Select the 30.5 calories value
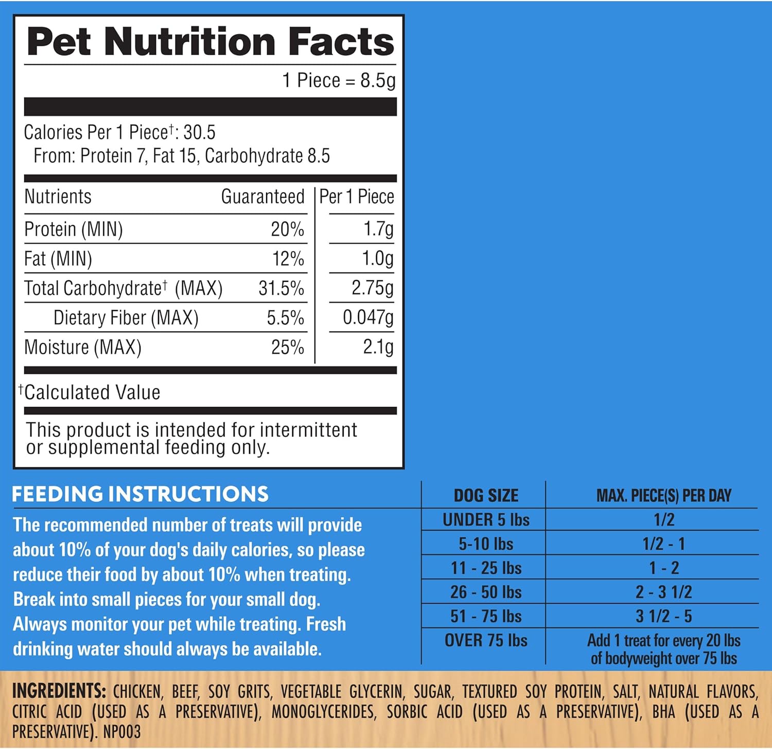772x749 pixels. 200,132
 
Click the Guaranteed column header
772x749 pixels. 262,197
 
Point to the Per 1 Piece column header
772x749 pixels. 356,197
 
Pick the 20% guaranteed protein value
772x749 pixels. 287,229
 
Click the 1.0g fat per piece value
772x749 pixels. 378,259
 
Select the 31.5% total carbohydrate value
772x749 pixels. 281,288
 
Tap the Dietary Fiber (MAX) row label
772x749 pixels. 126,318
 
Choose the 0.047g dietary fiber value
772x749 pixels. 368,318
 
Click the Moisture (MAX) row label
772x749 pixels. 83,347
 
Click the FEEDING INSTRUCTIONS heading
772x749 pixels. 140,494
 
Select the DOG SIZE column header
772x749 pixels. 486,496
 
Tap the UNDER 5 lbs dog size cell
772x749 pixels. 486,520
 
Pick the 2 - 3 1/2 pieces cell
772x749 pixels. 663,592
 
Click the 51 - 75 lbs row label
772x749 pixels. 486,616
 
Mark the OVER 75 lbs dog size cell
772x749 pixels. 486,640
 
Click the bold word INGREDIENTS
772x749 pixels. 59,691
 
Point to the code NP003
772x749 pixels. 122,732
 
